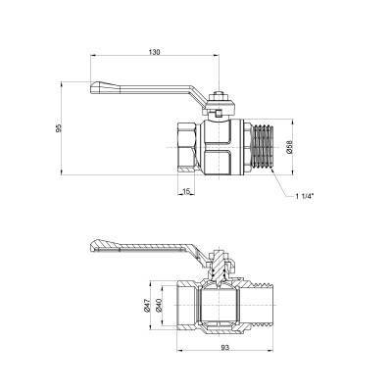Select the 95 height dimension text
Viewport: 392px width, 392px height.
60,130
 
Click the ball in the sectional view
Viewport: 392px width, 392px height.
219,306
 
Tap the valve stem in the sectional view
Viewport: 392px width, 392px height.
220,272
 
